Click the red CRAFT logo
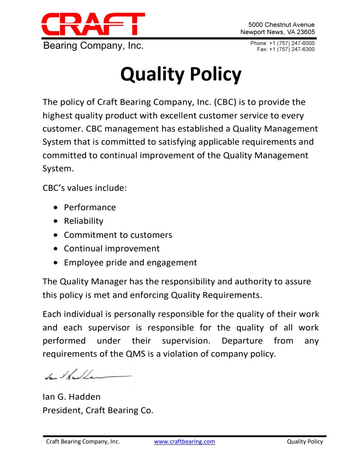(x=93, y=24)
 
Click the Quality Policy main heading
(x=180, y=74)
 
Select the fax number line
(x=286, y=49)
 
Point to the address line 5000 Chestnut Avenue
(x=281, y=24)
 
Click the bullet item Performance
(x=90, y=208)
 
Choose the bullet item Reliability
(x=83, y=221)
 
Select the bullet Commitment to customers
(x=118, y=235)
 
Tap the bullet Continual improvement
(x=111, y=249)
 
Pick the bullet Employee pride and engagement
(x=130, y=263)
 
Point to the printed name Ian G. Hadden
(x=71, y=397)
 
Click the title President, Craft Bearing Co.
(x=98, y=410)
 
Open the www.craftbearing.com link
(x=185, y=442)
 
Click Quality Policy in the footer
(x=305, y=442)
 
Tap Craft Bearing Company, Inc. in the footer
(x=83, y=442)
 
